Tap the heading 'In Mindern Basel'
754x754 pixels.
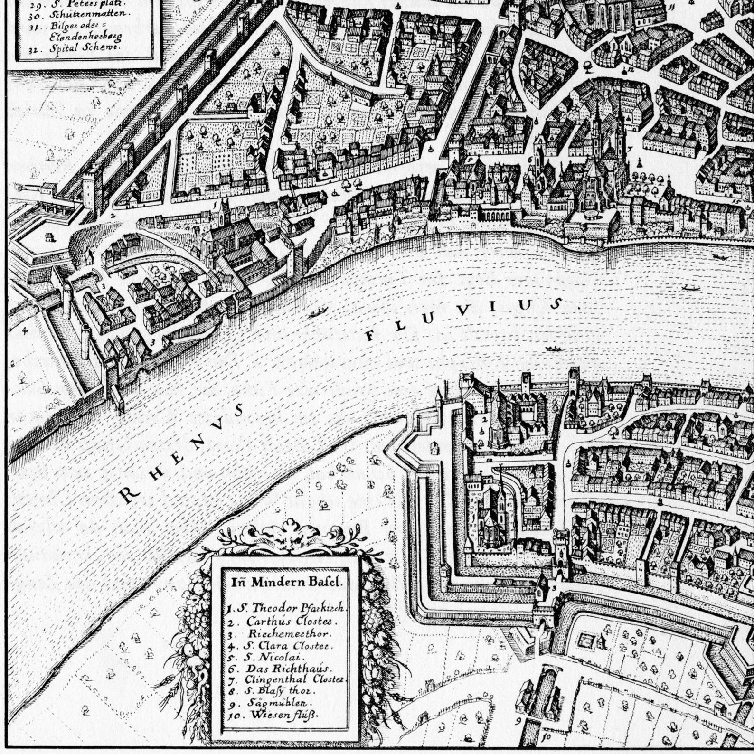(x=286, y=581)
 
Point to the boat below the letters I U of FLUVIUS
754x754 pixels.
(x=552, y=349)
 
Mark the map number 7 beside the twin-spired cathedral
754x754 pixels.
(x=631, y=149)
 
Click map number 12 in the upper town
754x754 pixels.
(x=631, y=68)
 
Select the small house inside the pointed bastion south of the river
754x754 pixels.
(x=434, y=447)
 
